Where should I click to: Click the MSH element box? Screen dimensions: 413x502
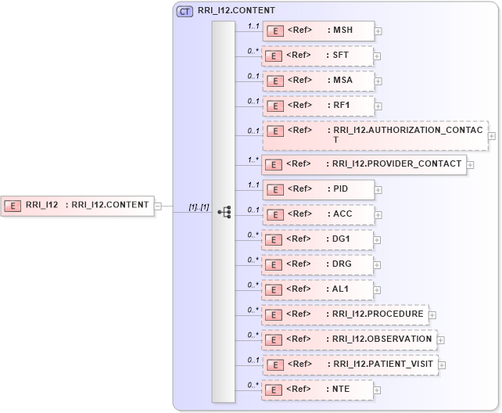click(x=318, y=31)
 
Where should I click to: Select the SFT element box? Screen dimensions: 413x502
click(x=317, y=56)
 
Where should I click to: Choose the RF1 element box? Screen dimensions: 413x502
click(x=317, y=106)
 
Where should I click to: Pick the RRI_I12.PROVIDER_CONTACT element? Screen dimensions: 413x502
click(x=364, y=164)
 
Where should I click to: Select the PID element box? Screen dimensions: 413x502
click(x=317, y=189)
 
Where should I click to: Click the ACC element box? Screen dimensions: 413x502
click(x=317, y=214)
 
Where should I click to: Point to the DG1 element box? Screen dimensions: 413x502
click(x=317, y=239)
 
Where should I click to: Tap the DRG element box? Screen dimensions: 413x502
click(x=317, y=264)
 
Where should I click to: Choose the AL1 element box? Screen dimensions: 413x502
click(x=317, y=289)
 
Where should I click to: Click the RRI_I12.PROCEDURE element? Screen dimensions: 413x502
click(x=345, y=314)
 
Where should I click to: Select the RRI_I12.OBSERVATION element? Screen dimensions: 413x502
click(x=349, y=339)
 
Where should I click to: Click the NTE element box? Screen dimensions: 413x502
click(x=317, y=390)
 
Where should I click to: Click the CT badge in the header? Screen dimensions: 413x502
click(x=185, y=12)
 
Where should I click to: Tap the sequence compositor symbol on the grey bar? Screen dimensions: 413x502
click(x=224, y=211)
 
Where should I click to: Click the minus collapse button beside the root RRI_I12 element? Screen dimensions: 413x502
click(x=158, y=206)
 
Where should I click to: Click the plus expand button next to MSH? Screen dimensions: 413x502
click(x=378, y=32)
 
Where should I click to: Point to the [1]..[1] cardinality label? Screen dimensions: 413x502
click(x=199, y=206)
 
